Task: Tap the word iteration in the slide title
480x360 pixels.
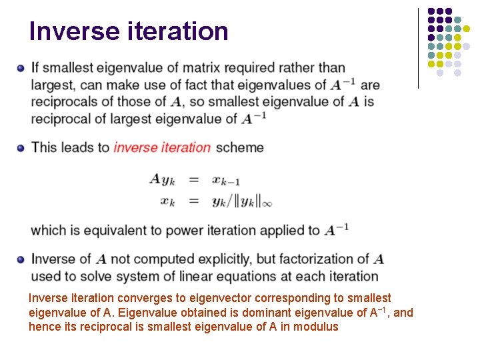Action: pos(175,31)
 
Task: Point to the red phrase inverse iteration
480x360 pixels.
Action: pos(162,147)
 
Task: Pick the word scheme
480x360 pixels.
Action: pos(239,147)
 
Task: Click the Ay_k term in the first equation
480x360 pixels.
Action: pos(163,179)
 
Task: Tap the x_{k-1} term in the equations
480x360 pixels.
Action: pos(227,180)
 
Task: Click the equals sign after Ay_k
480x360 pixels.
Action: pos(194,179)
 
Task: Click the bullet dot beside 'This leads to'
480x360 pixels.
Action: pos(21,147)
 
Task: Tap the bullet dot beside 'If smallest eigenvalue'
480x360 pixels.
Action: pos(21,68)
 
